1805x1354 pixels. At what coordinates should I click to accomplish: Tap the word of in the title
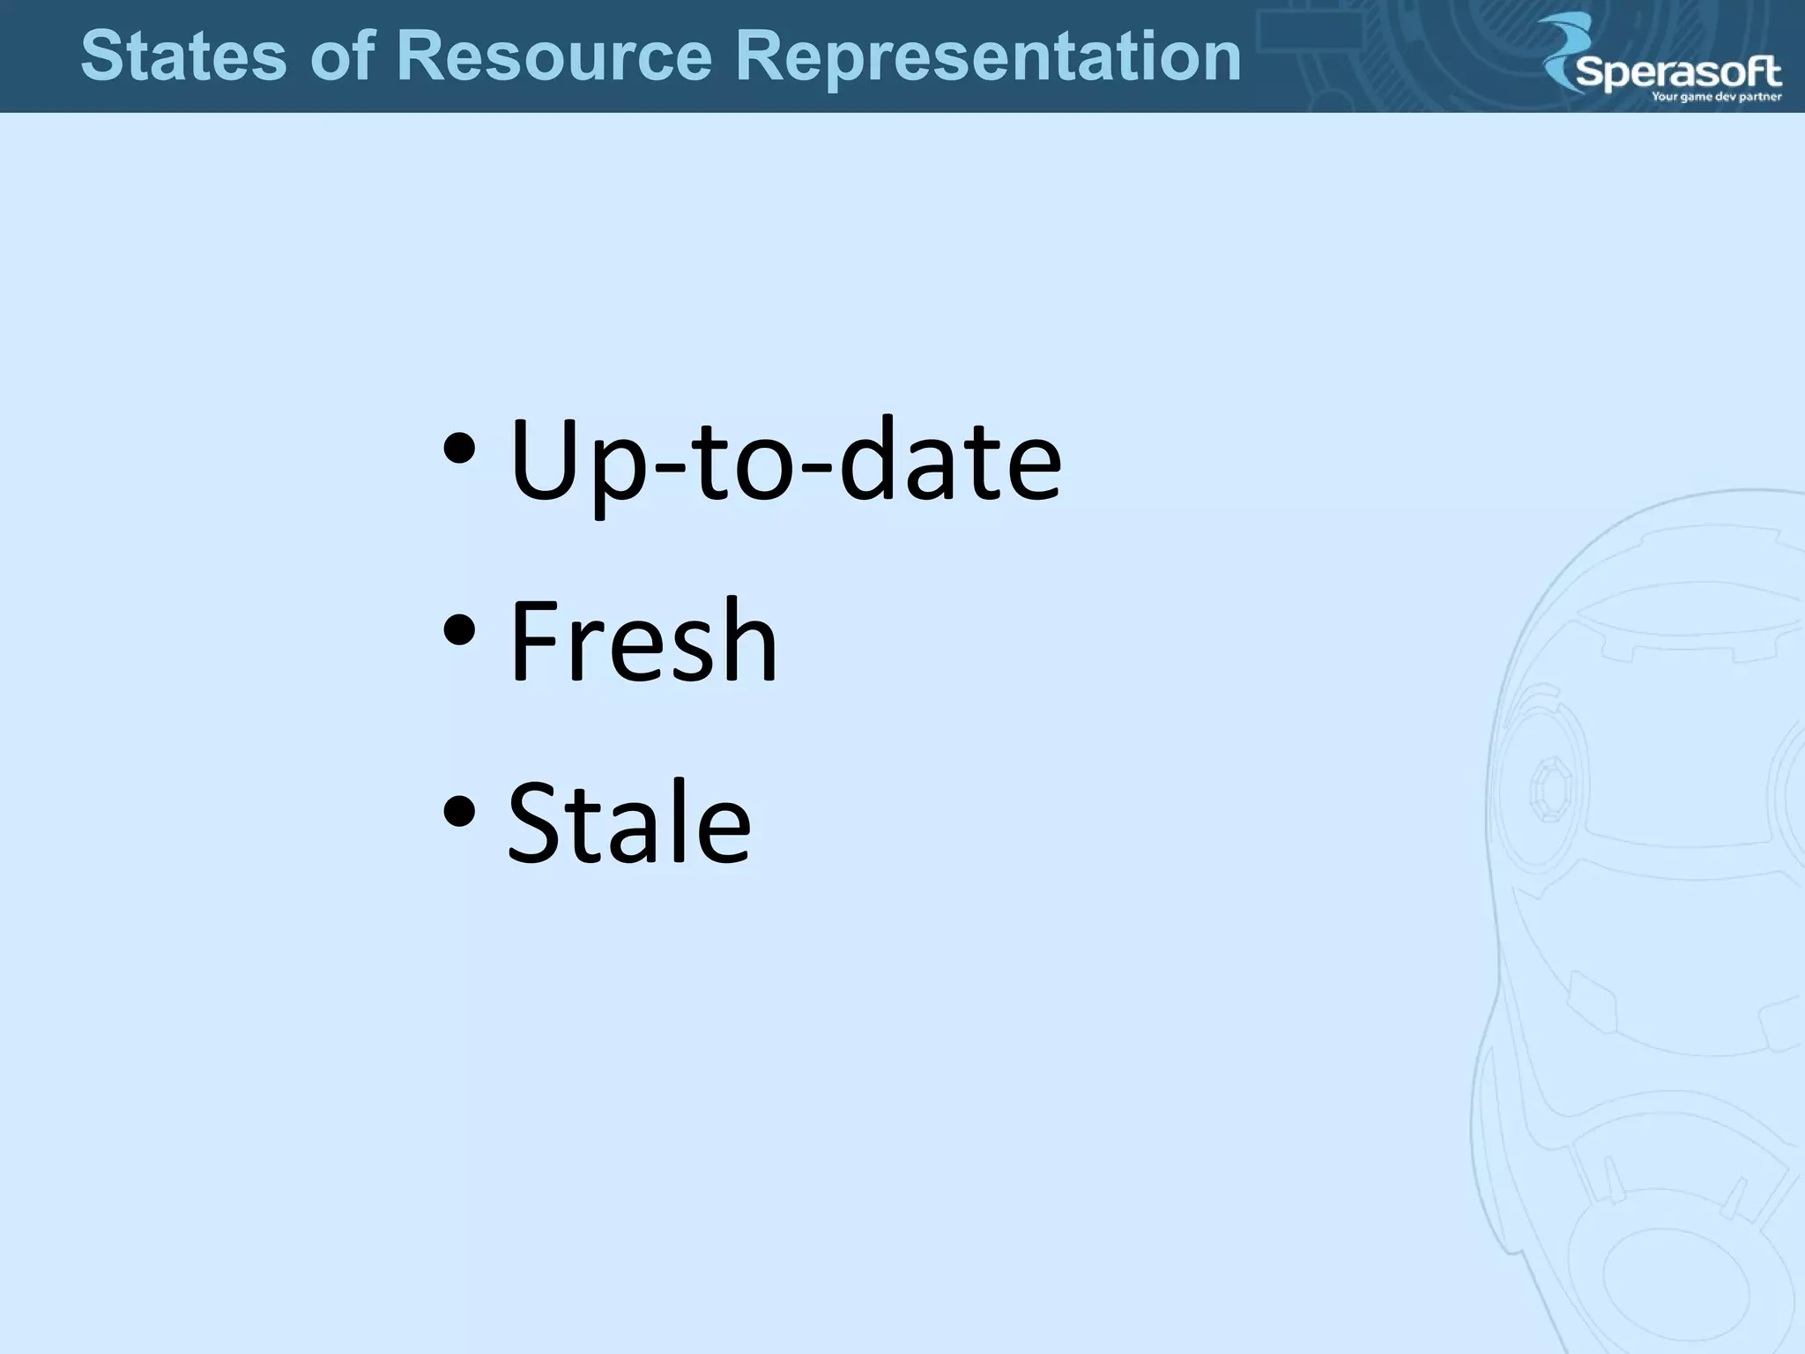342,56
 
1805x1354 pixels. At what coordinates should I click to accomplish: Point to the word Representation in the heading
988,57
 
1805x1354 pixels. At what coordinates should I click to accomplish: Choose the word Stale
629,822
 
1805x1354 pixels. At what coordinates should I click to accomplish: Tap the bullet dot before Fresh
460,629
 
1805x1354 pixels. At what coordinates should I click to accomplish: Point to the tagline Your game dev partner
1716,97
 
